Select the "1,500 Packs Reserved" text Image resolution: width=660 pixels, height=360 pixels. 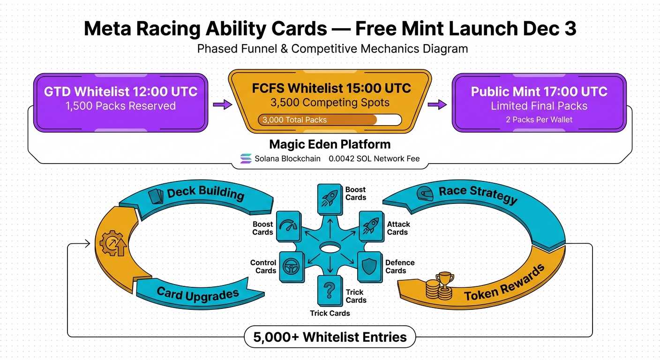[x=120, y=106]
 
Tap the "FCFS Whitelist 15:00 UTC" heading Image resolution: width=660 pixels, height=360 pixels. [x=331, y=88]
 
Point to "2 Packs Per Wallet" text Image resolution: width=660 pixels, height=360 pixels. [x=539, y=120]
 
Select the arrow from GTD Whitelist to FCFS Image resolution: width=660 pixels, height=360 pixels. [x=223, y=105]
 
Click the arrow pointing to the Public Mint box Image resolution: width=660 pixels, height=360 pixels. [x=437, y=105]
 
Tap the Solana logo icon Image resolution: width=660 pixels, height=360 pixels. [x=246, y=158]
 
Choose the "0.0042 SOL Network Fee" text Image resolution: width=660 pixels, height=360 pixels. [x=374, y=158]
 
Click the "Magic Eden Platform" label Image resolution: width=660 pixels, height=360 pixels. [x=330, y=144]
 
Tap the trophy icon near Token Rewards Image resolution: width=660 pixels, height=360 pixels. [x=444, y=280]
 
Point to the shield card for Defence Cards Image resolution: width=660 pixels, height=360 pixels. [x=369, y=266]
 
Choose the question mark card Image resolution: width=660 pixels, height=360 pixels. [x=330, y=291]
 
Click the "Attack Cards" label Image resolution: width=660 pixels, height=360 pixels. [x=397, y=228]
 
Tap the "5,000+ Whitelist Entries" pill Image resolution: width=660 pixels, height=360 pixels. [x=330, y=337]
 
